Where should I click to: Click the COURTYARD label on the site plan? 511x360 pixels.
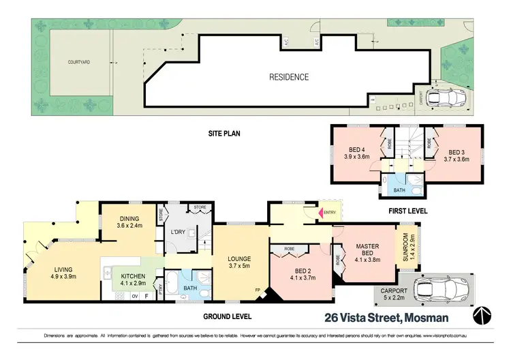[x=80, y=62]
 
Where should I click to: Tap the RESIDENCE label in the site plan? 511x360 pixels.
[x=289, y=77]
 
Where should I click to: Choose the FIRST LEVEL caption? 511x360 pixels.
[x=407, y=211]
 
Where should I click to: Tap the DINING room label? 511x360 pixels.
[x=129, y=222]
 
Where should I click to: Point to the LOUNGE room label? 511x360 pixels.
[x=240, y=262]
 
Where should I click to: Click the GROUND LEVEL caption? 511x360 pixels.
[x=227, y=316]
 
